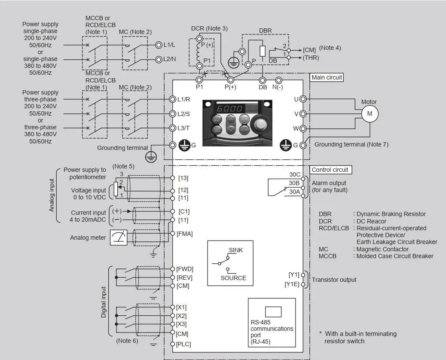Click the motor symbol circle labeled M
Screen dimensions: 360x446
pos(370,113)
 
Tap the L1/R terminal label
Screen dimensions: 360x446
pos(183,99)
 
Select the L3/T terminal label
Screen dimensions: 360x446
pos(183,128)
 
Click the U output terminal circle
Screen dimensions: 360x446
pos(303,99)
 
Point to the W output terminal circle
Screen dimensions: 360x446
pos(303,128)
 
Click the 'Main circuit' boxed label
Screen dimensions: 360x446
pos(327,77)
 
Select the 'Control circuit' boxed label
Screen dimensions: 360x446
pos(330,170)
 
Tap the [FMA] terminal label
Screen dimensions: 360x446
pos(184,234)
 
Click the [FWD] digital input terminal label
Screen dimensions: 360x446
pos(185,269)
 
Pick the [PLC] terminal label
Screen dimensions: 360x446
pos(183,344)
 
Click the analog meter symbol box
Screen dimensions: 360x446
pos(119,238)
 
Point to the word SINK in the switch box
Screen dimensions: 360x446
pos(235,250)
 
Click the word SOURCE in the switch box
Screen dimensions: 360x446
pos(233,278)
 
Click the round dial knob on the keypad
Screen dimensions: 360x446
pos(260,125)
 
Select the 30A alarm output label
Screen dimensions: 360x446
pos(294,192)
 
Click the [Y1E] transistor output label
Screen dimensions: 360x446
pos(292,284)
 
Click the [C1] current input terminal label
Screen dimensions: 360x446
pos(184,211)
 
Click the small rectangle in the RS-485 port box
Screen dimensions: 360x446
pos(273,311)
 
